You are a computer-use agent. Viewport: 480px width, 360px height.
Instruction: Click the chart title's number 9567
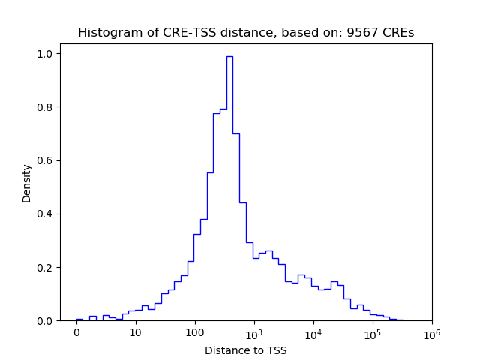(x=366, y=33)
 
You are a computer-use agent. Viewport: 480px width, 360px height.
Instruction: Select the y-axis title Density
(x=27, y=184)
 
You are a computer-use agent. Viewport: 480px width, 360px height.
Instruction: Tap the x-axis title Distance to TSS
(x=246, y=350)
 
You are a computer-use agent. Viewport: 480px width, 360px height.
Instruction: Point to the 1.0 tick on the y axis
(x=46, y=54)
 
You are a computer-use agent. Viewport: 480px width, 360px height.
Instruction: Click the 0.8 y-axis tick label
(x=46, y=107)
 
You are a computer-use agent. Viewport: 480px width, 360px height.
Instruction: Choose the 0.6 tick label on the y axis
(x=46, y=160)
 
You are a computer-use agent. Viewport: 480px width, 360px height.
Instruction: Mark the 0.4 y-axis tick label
(x=46, y=214)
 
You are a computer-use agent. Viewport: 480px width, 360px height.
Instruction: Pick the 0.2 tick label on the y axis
(x=46, y=268)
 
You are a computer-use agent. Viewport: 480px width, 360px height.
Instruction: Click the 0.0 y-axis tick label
(x=46, y=321)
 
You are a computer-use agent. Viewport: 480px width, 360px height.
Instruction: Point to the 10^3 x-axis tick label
(x=254, y=331)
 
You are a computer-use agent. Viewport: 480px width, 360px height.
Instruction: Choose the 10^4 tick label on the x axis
(x=313, y=331)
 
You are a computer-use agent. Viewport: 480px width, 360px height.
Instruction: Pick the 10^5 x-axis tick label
(x=373, y=331)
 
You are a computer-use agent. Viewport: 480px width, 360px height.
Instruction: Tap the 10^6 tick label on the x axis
(x=431, y=331)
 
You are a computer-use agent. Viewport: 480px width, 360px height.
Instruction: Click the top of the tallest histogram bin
(x=229, y=57)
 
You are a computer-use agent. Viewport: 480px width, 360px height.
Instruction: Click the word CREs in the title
(x=398, y=33)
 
